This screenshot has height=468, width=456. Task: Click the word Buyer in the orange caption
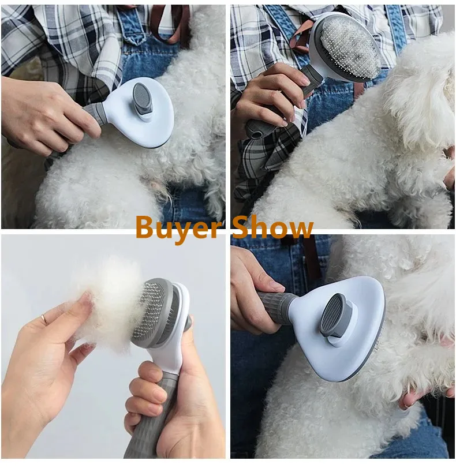pyautogui.click(x=176, y=228)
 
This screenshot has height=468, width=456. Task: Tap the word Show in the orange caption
pyautogui.click(x=272, y=228)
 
